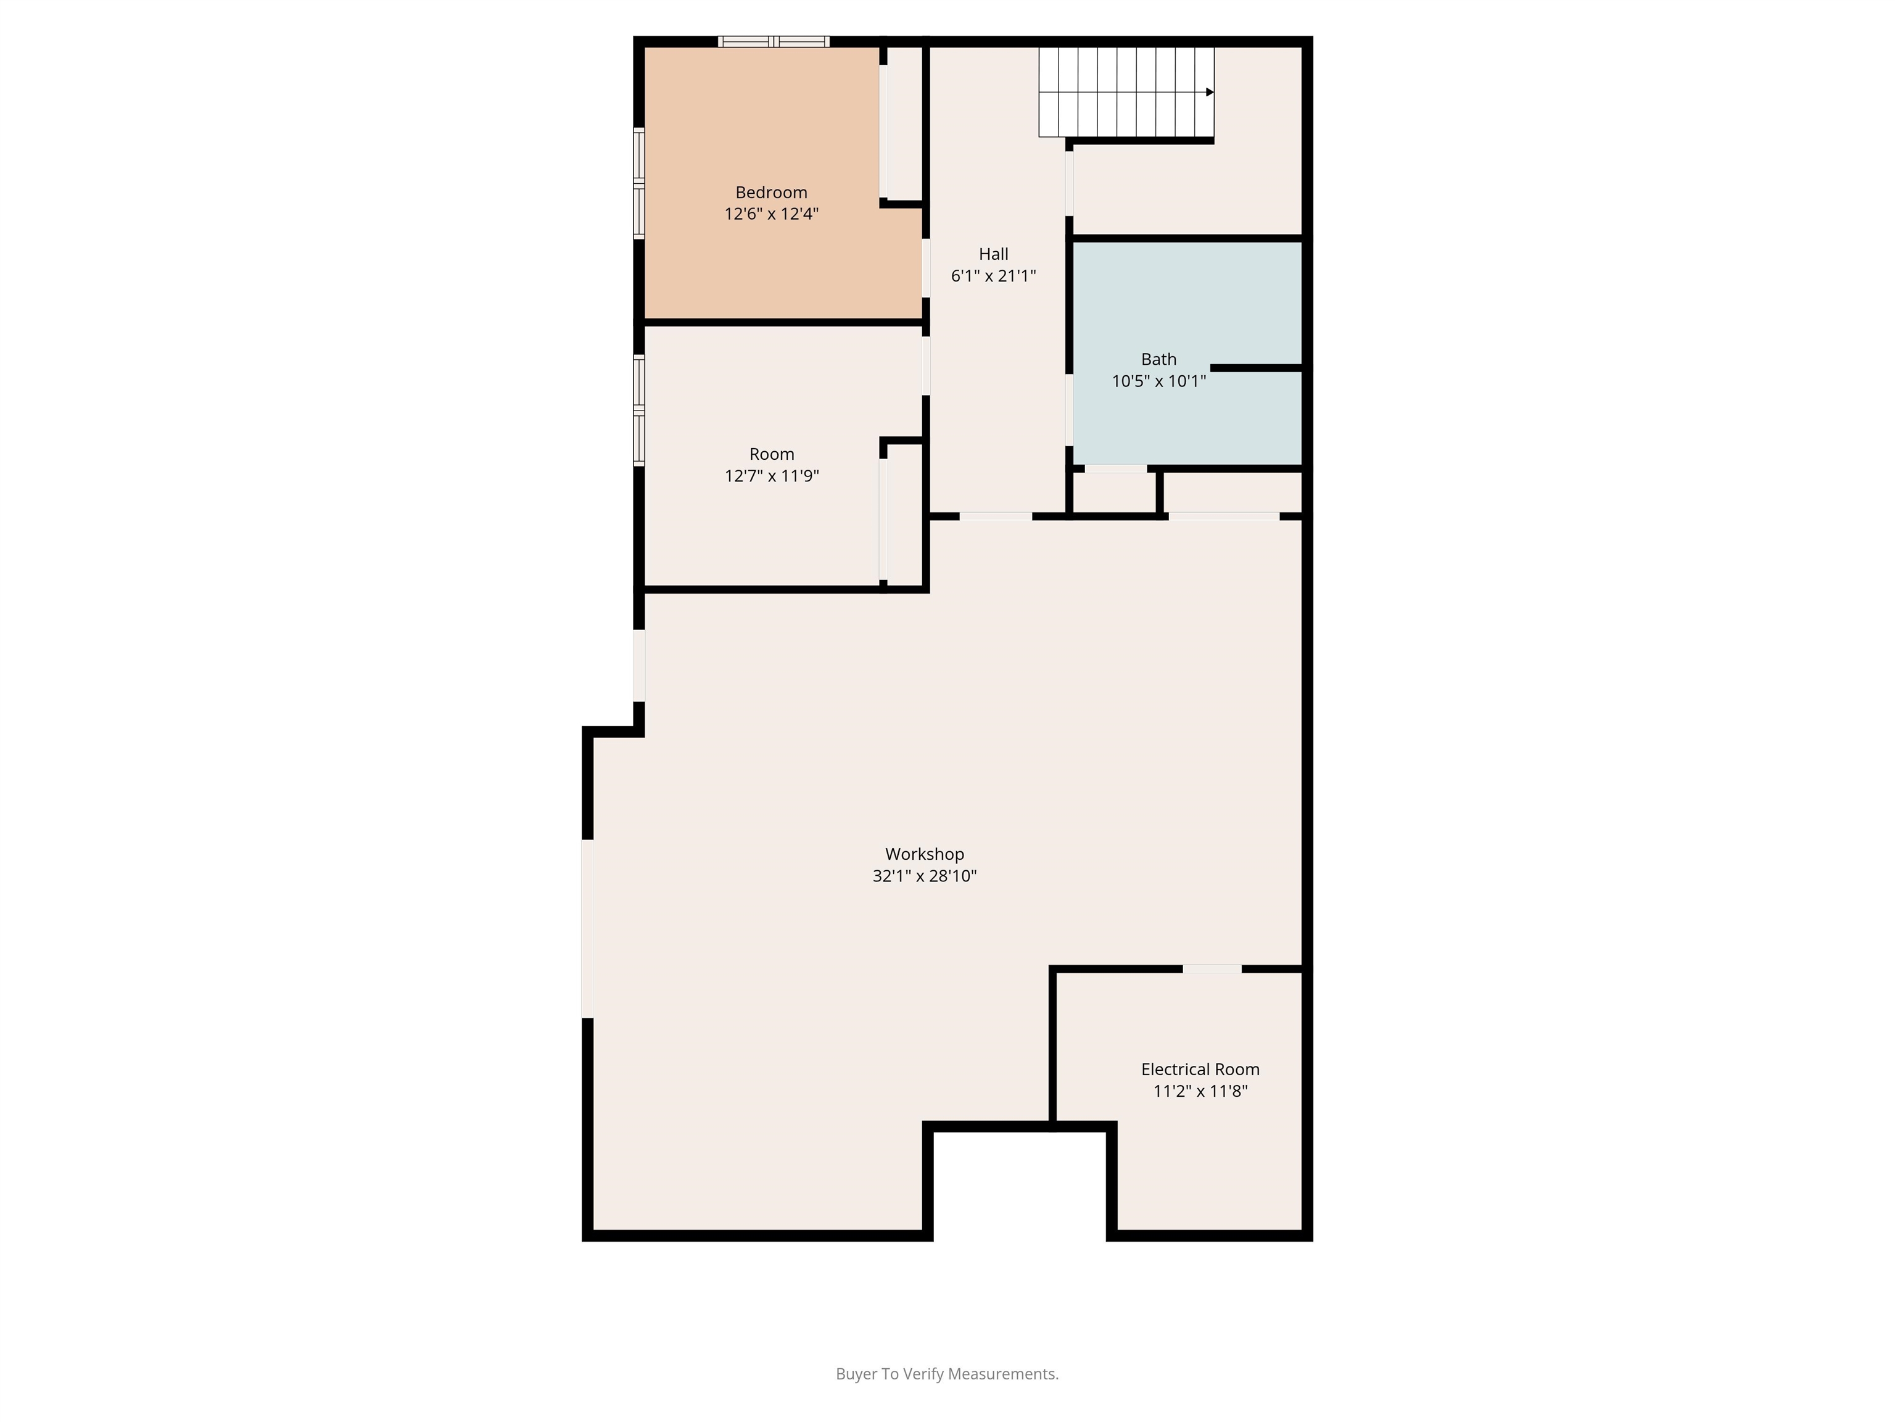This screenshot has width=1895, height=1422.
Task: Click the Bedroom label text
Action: pos(771,193)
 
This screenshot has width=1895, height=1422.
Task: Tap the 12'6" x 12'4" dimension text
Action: pos(771,214)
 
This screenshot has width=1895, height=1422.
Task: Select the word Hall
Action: pos(994,254)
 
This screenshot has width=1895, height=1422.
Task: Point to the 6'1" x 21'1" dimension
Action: pos(994,276)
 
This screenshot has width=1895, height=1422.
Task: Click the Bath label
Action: pos(1158,359)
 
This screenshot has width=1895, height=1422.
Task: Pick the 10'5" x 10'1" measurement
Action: pos(1158,381)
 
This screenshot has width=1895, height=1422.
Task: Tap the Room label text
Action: pos(771,454)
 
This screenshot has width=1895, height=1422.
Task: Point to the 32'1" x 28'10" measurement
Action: pos(925,876)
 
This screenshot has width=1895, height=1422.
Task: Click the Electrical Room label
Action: pos(1200,1070)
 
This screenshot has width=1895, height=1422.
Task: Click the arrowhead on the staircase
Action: pos(1210,92)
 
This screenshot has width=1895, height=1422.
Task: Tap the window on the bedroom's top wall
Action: pos(774,41)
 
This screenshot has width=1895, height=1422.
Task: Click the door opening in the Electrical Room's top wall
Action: pos(1212,968)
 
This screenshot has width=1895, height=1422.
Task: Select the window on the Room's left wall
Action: pos(638,410)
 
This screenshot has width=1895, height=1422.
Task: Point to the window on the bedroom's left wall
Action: pos(638,183)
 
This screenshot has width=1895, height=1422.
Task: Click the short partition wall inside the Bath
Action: pos(1256,368)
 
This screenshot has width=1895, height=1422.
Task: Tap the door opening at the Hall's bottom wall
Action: pos(996,516)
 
